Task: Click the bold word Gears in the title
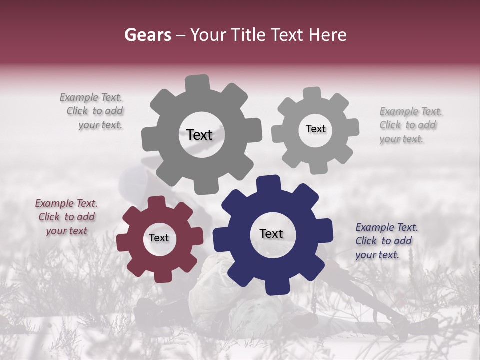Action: (x=147, y=35)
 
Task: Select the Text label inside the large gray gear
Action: (x=199, y=135)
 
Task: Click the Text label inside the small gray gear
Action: (x=315, y=129)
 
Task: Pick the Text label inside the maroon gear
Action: (x=159, y=238)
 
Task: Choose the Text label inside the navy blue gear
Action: (x=271, y=233)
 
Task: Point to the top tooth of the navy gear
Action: (x=269, y=183)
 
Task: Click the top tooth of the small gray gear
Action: (x=312, y=93)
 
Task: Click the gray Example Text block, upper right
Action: (x=410, y=125)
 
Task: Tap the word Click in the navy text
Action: (x=366, y=241)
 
